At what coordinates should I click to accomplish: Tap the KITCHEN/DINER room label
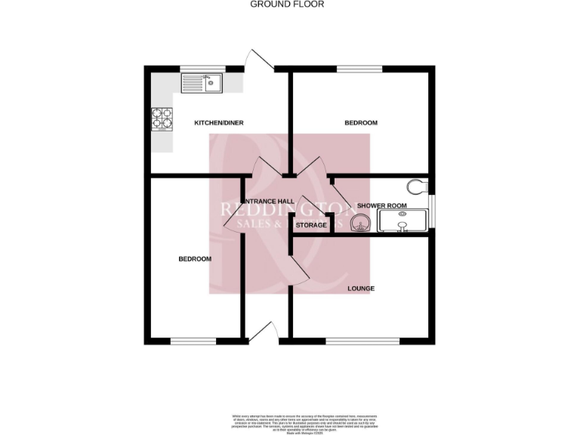[x=219, y=123]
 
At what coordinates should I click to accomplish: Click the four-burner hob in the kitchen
[x=162, y=119]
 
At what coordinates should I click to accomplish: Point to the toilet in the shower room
[x=417, y=186]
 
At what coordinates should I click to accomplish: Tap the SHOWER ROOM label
[x=382, y=205]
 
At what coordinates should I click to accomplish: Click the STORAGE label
[x=311, y=225]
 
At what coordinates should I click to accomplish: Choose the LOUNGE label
[x=361, y=288]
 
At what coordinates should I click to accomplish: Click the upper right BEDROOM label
[x=361, y=122]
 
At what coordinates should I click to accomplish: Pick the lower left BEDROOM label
[x=195, y=259]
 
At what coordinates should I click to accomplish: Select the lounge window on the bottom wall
[x=362, y=341]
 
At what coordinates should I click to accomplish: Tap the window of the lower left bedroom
[x=193, y=341]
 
